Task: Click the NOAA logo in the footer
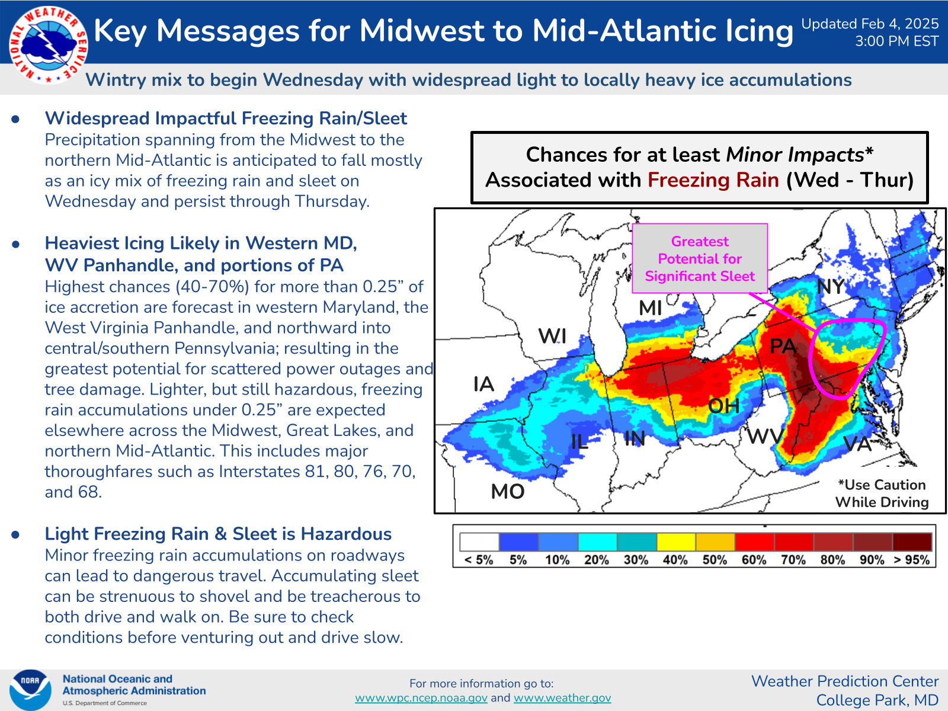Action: pyautogui.click(x=30, y=689)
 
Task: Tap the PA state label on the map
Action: pyautogui.click(x=783, y=346)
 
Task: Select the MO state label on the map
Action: pyautogui.click(x=508, y=491)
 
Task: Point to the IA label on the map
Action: pyautogui.click(x=483, y=385)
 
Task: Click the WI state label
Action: pyautogui.click(x=552, y=337)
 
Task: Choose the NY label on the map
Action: pyautogui.click(x=831, y=287)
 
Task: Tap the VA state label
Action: pyautogui.click(x=857, y=444)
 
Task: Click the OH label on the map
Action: pyautogui.click(x=724, y=406)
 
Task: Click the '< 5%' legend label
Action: pyautogui.click(x=479, y=560)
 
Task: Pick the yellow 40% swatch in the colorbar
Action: pyautogui.click(x=675, y=542)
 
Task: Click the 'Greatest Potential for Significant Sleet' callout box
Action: pyautogui.click(x=700, y=259)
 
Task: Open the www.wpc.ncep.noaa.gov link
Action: pyautogui.click(x=421, y=698)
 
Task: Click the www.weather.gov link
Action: pyautogui.click(x=562, y=698)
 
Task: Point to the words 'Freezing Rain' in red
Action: pyautogui.click(x=713, y=180)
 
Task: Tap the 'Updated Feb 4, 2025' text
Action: pyautogui.click(x=870, y=24)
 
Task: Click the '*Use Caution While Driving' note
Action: pyautogui.click(x=882, y=494)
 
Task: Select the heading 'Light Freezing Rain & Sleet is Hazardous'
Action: pyautogui.click(x=218, y=534)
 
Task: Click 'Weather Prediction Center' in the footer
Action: pyautogui.click(x=845, y=681)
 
